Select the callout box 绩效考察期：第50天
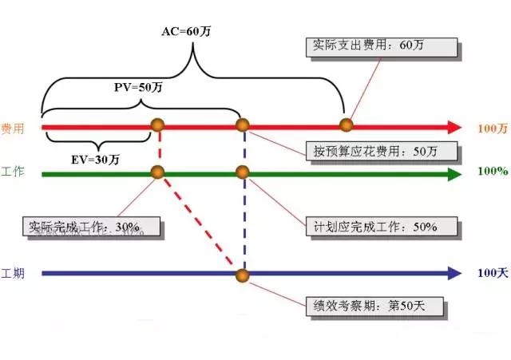[x=370, y=304]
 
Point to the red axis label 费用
[x=12, y=128]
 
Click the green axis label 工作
[x=12, y=172]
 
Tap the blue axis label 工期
[x=12, y=274]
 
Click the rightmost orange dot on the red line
[x=346, y=125]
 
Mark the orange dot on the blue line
[x=244, y=275]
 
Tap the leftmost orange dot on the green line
[x=157, y=172]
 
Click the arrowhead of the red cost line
[x=454, y=127]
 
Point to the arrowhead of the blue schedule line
[x=454, y=273]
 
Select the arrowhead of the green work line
[x=454, y=172]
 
